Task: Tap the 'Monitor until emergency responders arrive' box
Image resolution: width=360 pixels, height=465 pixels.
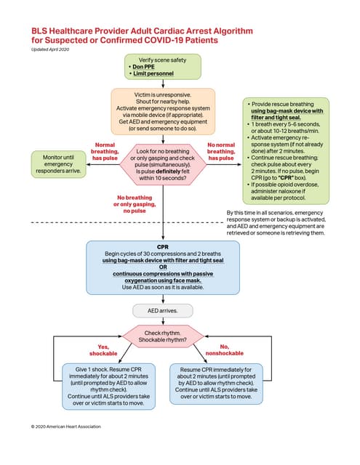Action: click(59, 163)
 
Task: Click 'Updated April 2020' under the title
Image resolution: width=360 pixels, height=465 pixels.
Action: click(52, 49)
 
